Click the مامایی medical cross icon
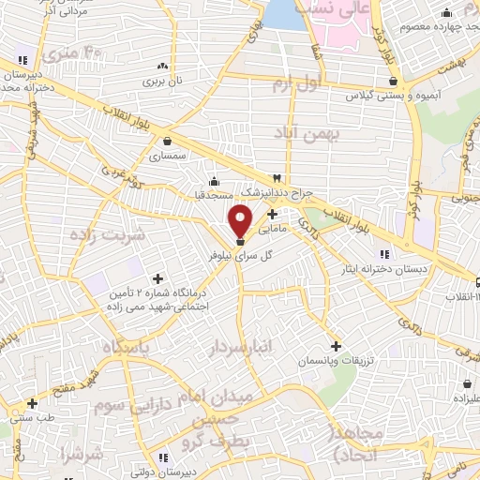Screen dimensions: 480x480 pos(272,214)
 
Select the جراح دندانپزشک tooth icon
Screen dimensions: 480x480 pos(277,178)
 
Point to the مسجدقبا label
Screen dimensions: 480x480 pos(215,196)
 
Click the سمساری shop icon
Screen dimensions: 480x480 pos(167,142)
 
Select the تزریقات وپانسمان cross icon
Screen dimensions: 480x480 pos(335,346)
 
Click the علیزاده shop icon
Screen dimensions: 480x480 pos(467,383)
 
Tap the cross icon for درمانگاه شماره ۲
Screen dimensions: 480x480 pos(157,278)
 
